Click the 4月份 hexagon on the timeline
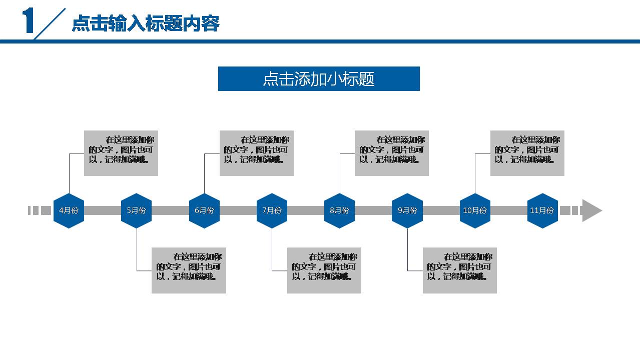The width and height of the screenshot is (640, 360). (69, 210)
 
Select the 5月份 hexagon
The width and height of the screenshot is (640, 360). (136, 210)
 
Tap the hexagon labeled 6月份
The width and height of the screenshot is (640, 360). (204, 210)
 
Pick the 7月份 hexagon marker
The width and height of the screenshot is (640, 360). (272, 210)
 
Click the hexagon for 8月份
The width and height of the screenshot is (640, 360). (339, 210)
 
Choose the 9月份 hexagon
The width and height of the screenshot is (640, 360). (407, 210)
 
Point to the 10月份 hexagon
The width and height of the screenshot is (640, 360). (475, 210)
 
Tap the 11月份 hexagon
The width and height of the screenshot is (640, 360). (542, 210)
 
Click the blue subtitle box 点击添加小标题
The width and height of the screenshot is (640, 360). (319, 79)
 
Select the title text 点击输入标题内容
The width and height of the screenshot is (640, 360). (146, 23)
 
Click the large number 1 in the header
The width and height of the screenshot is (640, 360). (29, 21)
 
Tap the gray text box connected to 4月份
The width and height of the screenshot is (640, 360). (121, 153)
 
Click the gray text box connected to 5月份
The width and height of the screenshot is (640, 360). (189, 270)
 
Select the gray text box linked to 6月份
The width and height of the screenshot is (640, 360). (256, 153)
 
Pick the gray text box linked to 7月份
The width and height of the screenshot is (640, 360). (324, 270)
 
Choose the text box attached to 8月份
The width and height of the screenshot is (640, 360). (392, 153)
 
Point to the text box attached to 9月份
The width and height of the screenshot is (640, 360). (459, 270)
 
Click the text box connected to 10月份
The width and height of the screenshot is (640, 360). (527, 153)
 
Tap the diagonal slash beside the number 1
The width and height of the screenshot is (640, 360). (50, 23)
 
